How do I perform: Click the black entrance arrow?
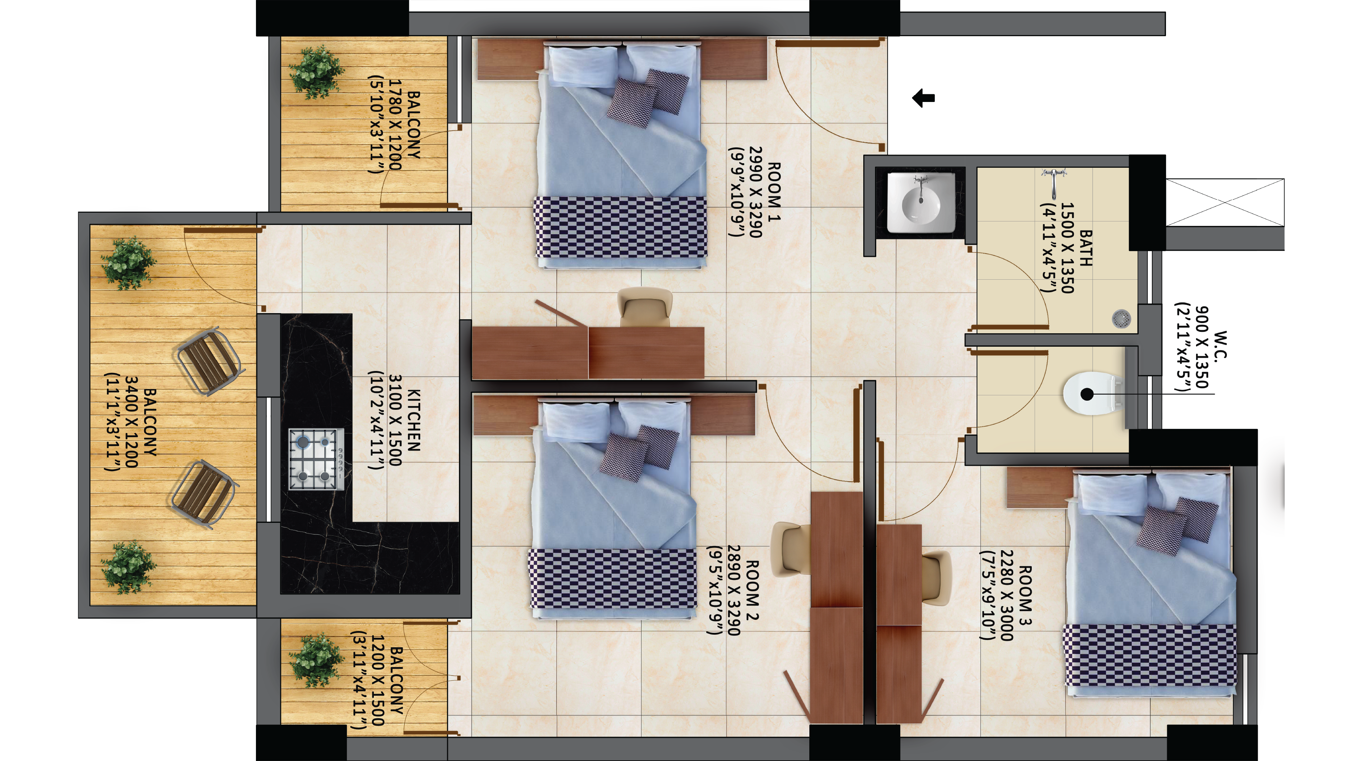924,98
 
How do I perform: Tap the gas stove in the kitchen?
316,459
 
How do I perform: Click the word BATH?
1086,248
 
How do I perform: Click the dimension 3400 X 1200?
132,422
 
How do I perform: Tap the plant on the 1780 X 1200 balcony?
316,73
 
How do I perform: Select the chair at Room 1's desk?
645,307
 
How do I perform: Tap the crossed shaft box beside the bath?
1225,202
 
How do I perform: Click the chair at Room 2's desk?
791,549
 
